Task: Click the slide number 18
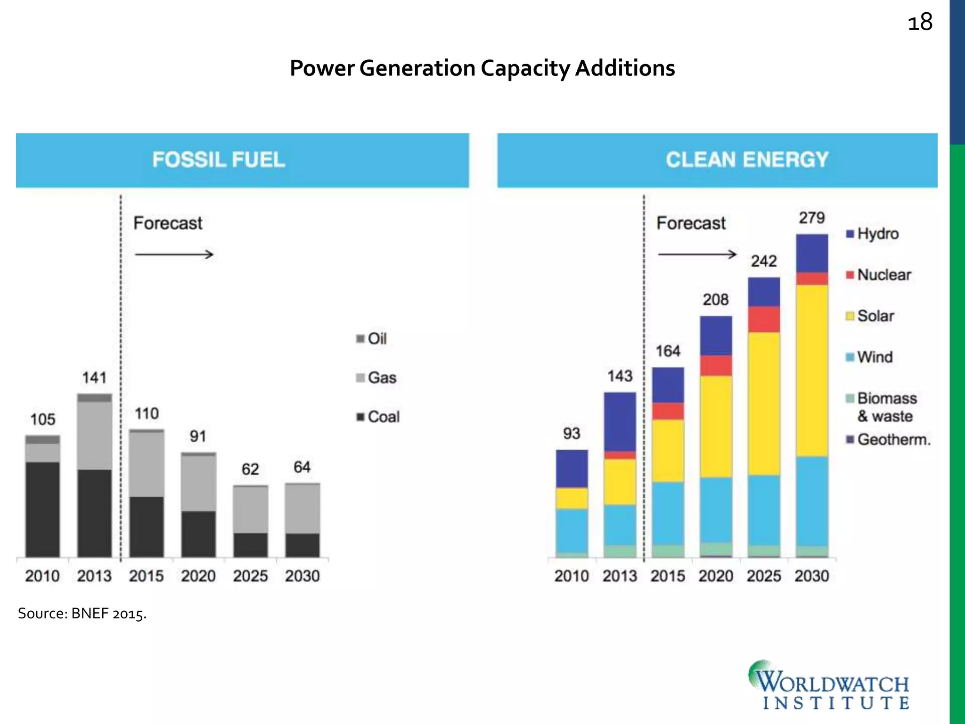920,23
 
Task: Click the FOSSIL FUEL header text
219,160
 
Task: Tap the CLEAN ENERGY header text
747,160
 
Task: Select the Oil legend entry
372,338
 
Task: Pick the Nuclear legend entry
879,275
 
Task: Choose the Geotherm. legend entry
889,439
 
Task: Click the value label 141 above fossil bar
94,378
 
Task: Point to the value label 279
812,218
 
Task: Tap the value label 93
572,433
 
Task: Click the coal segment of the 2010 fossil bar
43,509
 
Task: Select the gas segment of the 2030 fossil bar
303,508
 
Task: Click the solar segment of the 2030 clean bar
812,370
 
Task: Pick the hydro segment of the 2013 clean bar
620,421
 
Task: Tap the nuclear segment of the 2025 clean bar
764,319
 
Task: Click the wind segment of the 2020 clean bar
716,509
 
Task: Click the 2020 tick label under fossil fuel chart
198,576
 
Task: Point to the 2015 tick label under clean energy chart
667,576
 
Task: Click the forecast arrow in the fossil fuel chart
174,255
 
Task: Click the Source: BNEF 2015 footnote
82,614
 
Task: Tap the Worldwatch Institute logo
829,686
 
